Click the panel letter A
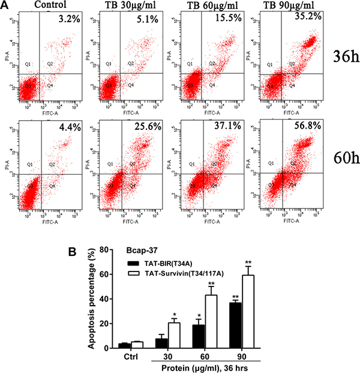[x=6, y=6]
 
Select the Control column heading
[x=50, y=6]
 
